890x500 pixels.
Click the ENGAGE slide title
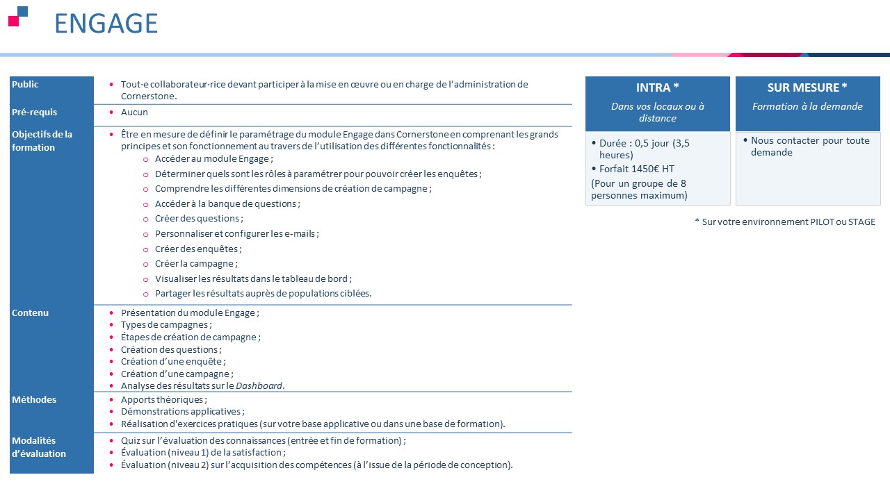(x=106, y=23)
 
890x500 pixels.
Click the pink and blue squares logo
(x=18, y=16)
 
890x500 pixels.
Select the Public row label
(x=26, y=85)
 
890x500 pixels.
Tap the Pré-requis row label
(x=35, y=112)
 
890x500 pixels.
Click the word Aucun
(x=134, y=112)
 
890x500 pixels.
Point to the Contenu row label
(x=31, y=313)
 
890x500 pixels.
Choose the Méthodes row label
(x=34, y=400)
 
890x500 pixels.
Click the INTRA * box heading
(x=657, y=87)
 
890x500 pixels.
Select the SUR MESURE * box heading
(x=807, y=87)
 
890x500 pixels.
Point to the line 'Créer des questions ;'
(x=199, y=219)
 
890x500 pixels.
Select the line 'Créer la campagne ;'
(x=196, y=264)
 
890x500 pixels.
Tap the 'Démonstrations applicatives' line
(x=183, y=412)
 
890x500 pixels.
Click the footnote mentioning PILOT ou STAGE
(x=785, y=222)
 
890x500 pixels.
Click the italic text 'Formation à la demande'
(x=807, y=107)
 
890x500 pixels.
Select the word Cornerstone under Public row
(x=149, y=97)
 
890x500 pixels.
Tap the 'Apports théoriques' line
(x=164, y=400)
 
